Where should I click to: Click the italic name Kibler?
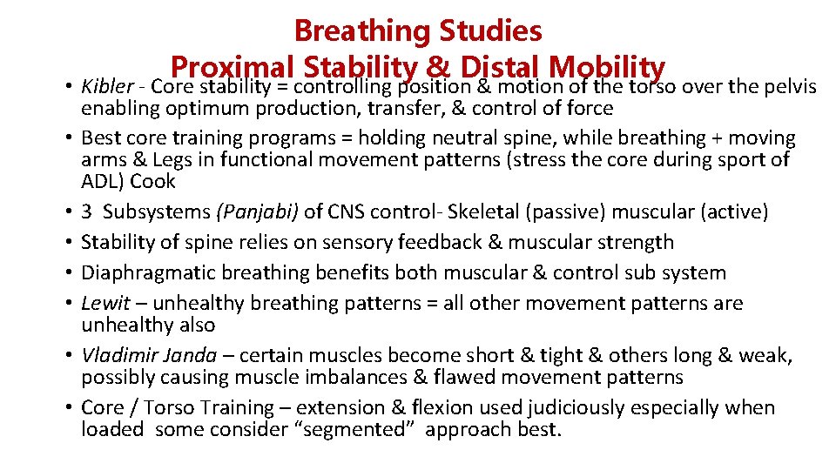click(107, 87)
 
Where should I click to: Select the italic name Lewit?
click(105, 303)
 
